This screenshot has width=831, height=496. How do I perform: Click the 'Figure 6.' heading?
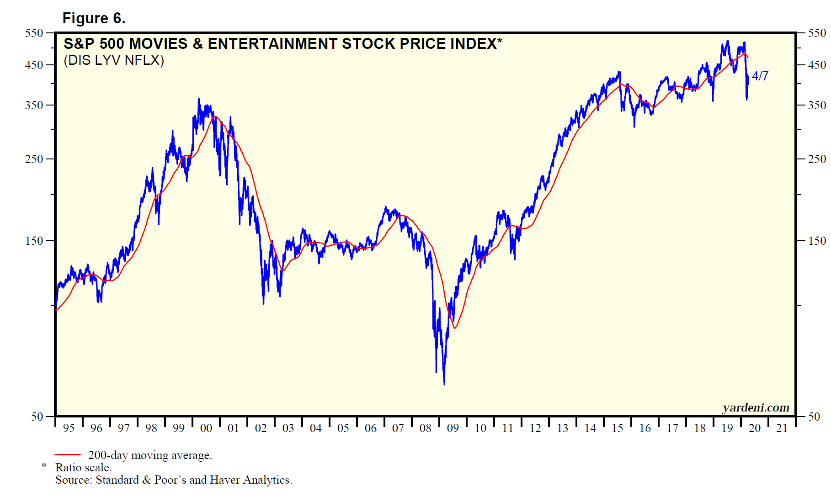point(94,18)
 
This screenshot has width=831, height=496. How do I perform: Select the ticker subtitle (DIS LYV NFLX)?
point(114,60)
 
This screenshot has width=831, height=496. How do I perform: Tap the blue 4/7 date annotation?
point(760,76)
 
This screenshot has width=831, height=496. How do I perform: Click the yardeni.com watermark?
point(756,407)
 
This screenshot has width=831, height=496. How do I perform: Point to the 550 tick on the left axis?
point(34,33)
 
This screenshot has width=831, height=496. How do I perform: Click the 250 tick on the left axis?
point(34,159)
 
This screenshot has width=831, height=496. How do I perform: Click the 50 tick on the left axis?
point(37,417)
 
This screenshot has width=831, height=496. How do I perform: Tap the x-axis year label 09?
point(453,428)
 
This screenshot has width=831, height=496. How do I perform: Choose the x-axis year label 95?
point(69,428)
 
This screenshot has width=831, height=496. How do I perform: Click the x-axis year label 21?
point(782,428)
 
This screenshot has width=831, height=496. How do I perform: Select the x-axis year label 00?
point(206,428)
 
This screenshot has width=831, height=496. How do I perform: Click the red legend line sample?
point(68,455)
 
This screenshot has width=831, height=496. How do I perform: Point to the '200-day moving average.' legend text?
point(150,455)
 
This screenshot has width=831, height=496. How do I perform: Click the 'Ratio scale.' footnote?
point(83,468)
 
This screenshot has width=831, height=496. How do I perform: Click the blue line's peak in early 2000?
point(198,99)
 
